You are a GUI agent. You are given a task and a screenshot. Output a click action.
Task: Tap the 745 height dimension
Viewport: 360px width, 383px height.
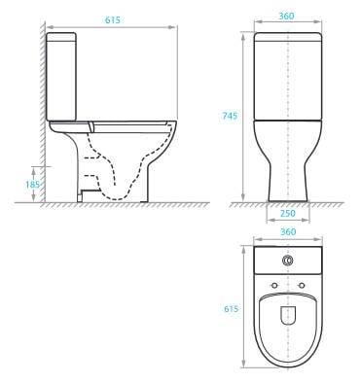pos(230,114)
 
